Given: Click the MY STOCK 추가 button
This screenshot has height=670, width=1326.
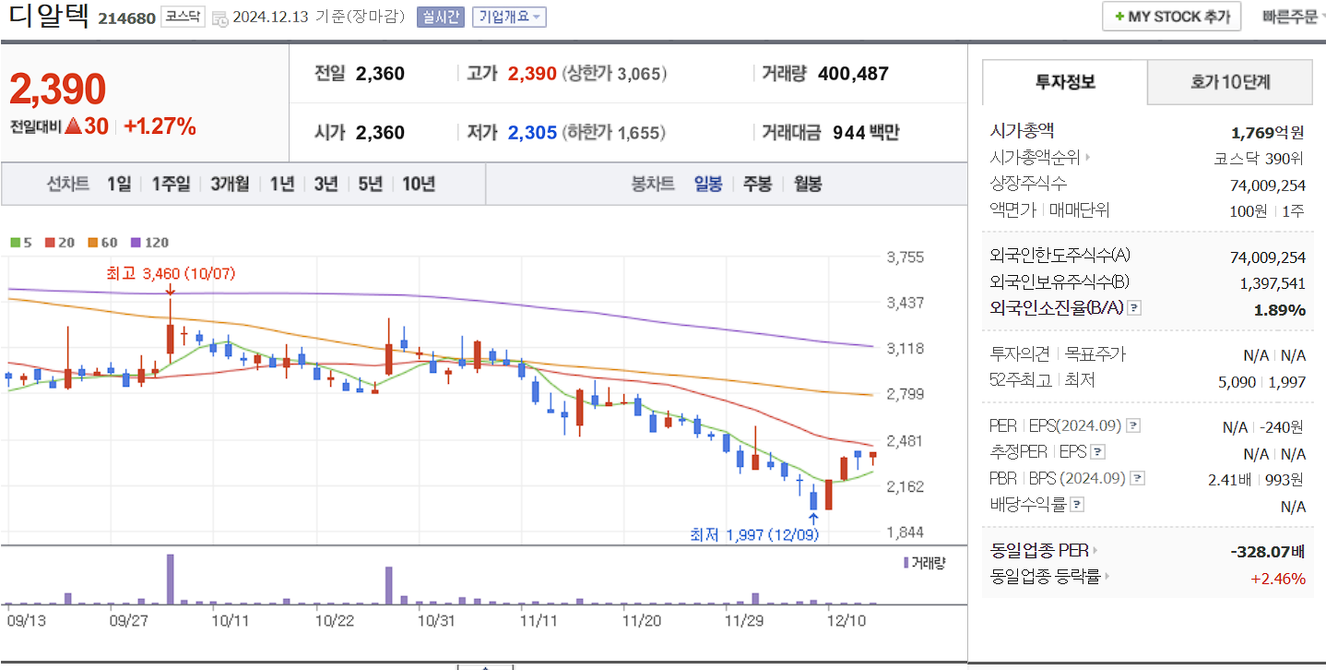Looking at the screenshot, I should [x=1171, y=17].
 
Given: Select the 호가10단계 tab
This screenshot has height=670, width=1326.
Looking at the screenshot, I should [x=1229, y=82].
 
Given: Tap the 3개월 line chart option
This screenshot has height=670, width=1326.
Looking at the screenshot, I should [x=230, y=184].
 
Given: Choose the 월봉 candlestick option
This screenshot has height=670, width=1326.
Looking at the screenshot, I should [x=808, y=184].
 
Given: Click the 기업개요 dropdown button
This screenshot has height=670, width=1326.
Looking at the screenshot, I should [x=509, y=17].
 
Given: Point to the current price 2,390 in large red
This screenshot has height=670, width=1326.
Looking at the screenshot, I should [x=57, y=90].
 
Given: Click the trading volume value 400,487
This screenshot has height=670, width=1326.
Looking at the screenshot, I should [x=853, y=74].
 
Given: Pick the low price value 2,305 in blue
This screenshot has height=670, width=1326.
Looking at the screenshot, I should [x=532, y=133].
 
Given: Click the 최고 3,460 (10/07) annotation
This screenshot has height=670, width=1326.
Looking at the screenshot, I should [x=171, y=273].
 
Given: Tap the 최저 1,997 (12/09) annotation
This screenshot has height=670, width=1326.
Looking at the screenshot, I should [x=754, y=533].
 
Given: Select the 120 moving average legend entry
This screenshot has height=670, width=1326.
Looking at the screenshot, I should [x=150, y=243].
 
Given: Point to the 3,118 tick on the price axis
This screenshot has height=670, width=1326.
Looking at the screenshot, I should [x=904, y=349].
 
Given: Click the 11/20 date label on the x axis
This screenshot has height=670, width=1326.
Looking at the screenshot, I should [x=642, y=620].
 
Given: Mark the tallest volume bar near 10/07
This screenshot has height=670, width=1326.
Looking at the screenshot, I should [x=171, y=579].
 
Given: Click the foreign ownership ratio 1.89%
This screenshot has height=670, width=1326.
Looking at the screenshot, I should [x=1279, y=310].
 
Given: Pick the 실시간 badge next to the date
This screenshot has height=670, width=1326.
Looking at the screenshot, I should [x=441, y=17].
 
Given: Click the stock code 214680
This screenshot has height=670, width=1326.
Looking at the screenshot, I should [x=127, y=18].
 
